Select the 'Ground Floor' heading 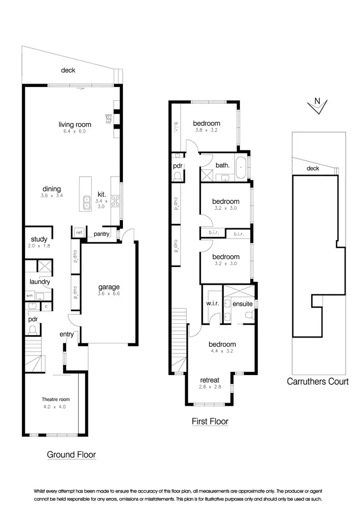pos(72,454)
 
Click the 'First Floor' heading pos(210,422)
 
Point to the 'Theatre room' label pos(56,399)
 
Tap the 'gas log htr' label pos(108,119)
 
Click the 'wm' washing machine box pos(29,295)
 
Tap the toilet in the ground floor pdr pos(33,329)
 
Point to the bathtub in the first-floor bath pos(241,166)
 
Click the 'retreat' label pos(209,379)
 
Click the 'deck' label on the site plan pos(312,168)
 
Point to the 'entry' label pos(66,334)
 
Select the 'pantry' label pos(102,234)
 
